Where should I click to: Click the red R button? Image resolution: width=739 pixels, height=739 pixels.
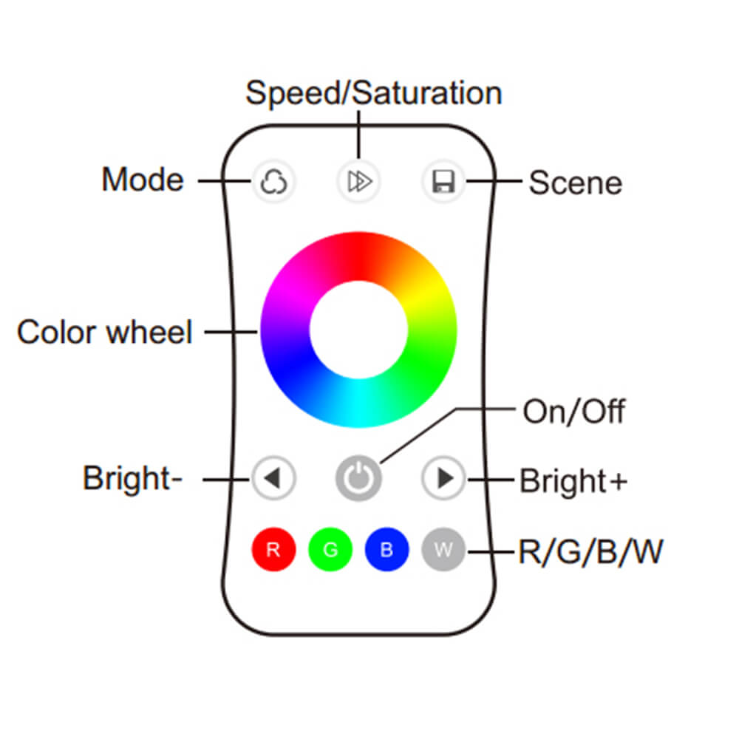pyautogui.click(x=273, y=550)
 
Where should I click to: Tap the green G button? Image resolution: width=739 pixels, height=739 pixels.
pyautogui.click(x=330, y=550)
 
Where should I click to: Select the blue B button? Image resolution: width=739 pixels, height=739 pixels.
pyautogui.click(x=386, y=550)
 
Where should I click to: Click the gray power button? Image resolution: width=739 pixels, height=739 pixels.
pyautogui.click(x=358, y=479)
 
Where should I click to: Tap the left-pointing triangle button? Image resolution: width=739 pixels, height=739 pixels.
pyautogui.click(x=273, y=479)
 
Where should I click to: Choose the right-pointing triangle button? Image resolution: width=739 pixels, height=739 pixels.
pyautogui.click(x=444, y=479)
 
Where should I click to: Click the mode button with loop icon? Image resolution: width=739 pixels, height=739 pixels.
pyautogui.click(x=274, y=180)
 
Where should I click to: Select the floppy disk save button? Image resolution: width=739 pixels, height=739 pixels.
pyautogui.click(x=443, y=181)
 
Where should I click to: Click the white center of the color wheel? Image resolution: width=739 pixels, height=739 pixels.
pyautogui.click(x=358, y=330)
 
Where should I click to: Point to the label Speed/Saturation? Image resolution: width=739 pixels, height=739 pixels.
pyautogui.click(x=373, y=94)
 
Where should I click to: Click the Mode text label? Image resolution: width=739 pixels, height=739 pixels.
pyautogui.click(x=143, y=180)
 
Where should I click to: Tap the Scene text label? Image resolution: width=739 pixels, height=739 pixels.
pyautogui.click(x=575, y=183)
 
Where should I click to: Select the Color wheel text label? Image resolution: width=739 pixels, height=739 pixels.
pyautogui.click(x=104, y=332)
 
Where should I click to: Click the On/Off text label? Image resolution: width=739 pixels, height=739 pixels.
pyautogui.click(x=573, y=412)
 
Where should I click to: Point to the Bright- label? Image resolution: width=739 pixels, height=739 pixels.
pyautogui.click(x=132, y=478)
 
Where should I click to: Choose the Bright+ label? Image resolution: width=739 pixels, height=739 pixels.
pyautogui.click(x=573, y=480)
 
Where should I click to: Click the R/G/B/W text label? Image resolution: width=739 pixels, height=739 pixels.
pyautogui.click(x=590, y=552)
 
